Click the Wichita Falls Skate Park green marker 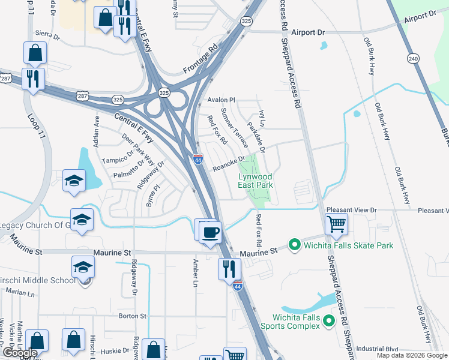[294, 245]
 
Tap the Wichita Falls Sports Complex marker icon [328, 321]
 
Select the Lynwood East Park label [256, 181]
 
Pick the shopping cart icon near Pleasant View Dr [336, 224]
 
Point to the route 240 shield [412, 58]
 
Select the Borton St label [133, 316]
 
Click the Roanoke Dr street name [229, 164]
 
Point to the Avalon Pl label [221, 100]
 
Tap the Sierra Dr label [48, 36]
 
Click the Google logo [19, 353]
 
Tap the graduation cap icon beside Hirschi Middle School [83, 268]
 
